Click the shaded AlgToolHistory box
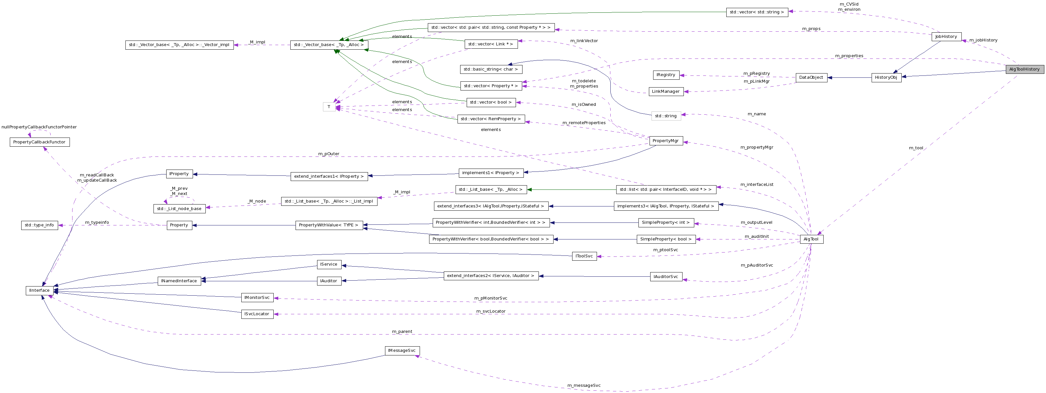(x=1024, y=70)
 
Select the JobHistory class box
(x=946, y=37)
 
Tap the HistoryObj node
(x=886, y=77)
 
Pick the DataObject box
(x=811, y=77)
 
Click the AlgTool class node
(x=811, y=239)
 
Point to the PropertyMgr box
(x=666, y=141)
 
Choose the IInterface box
(x=40, y=291)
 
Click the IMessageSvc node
(x=402, y=351)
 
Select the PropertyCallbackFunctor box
(x=40, y=142)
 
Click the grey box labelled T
(x=329, y=107)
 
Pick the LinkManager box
(x=666, y=92)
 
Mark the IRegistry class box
(x=666, y=75)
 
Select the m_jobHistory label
(x=983, y=40)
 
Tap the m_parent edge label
(x=402, y=332)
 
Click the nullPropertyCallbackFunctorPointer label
(x=39, y=127)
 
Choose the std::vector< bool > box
(x=491, y=103)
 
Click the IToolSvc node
(x=584, y=256)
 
